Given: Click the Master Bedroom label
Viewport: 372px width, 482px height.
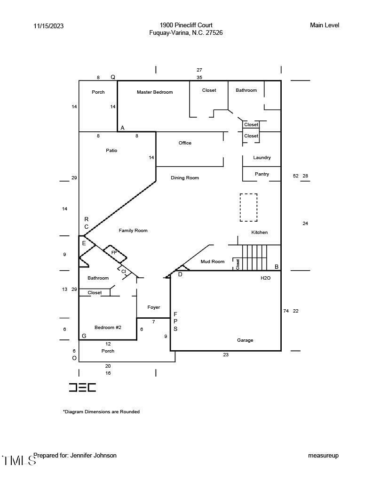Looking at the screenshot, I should coord(155,92).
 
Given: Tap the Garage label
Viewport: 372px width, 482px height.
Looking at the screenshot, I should coord(245,340).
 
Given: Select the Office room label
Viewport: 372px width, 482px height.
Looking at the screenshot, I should coord(185,143).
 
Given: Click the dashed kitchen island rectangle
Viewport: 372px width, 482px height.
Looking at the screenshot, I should coord(248,207).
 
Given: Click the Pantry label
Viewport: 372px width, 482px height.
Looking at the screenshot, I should coord(262,174).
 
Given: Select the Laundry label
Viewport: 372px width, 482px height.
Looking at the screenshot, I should coord(262,158).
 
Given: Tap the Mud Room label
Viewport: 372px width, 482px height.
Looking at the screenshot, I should coord(213,262).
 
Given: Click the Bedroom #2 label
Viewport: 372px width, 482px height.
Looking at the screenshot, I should coord(108,328).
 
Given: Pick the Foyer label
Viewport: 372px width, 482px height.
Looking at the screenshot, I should coord(154,307).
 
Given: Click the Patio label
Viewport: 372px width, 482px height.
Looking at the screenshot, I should coord(111,151).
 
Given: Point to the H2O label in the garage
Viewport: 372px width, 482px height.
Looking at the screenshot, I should coord(266,279).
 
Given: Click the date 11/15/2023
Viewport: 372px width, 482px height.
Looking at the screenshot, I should coord(48,26).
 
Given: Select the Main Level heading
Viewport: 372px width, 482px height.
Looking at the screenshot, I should coord(325,25).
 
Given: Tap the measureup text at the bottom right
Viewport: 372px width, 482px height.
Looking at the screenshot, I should coord(323,456).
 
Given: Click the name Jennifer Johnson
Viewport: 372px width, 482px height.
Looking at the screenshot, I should coord(93,456).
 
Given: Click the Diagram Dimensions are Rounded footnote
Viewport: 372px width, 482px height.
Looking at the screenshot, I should coord(102,412).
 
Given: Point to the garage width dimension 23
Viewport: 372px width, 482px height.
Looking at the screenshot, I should coord(226,355).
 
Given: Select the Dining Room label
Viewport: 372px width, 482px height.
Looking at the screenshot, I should coord(185,178).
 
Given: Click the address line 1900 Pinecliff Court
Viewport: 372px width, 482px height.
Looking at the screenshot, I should coord(186,25).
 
